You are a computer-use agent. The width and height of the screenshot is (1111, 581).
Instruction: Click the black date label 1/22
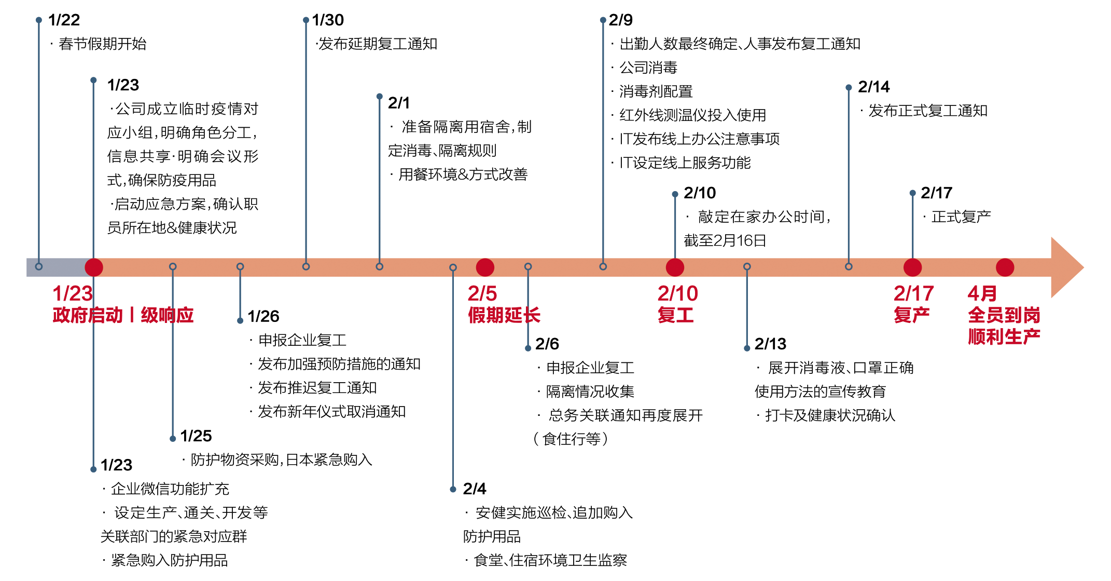point(64,20)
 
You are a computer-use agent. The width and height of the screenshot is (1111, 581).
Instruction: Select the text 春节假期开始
point(102,44)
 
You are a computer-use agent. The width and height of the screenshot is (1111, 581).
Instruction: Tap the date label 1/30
point(328,20)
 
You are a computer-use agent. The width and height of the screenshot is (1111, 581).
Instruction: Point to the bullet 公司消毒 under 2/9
point(648,68)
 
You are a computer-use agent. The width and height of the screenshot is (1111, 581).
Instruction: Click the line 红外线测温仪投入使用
point(692,115)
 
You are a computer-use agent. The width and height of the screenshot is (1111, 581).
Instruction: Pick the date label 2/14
point(873,87)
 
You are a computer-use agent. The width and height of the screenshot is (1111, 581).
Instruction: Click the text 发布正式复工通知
point(927,111)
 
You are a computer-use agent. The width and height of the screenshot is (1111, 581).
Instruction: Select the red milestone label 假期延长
point(504,315)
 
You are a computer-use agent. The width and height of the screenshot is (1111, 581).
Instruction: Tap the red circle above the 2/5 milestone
point(485,267)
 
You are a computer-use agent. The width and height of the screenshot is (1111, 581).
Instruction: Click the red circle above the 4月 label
point(1005,267)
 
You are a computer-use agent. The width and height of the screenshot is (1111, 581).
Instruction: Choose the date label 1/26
point(263,316)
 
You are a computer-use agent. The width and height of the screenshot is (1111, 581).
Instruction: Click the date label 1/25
point(196,436)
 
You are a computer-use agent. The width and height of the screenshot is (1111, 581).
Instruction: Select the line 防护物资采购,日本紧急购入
point(281,460)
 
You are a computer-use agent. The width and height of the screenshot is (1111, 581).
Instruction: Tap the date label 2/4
point(475,489)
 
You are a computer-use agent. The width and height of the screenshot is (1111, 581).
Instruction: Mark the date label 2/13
point(770,344)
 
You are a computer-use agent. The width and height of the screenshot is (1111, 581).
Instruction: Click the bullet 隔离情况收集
point(590,391)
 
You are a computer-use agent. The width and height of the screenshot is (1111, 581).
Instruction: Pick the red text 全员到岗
point(1004,315)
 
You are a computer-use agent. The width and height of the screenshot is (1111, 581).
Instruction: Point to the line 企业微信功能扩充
point(170,489)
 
